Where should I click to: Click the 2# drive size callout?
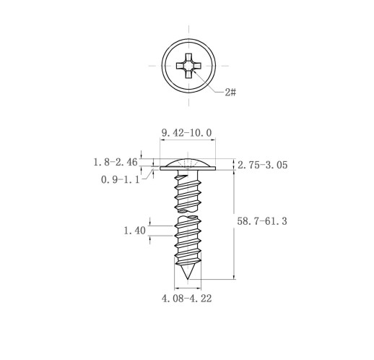230,92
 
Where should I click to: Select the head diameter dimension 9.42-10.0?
187,133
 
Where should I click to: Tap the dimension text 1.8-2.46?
116,162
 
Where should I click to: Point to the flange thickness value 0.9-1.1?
120,179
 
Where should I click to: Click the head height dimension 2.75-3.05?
263,165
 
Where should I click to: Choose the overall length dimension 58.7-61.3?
262,221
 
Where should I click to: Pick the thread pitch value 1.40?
134,231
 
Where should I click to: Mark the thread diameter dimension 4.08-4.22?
187,299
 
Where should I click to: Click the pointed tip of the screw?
188,279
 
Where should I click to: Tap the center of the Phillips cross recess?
188,66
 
